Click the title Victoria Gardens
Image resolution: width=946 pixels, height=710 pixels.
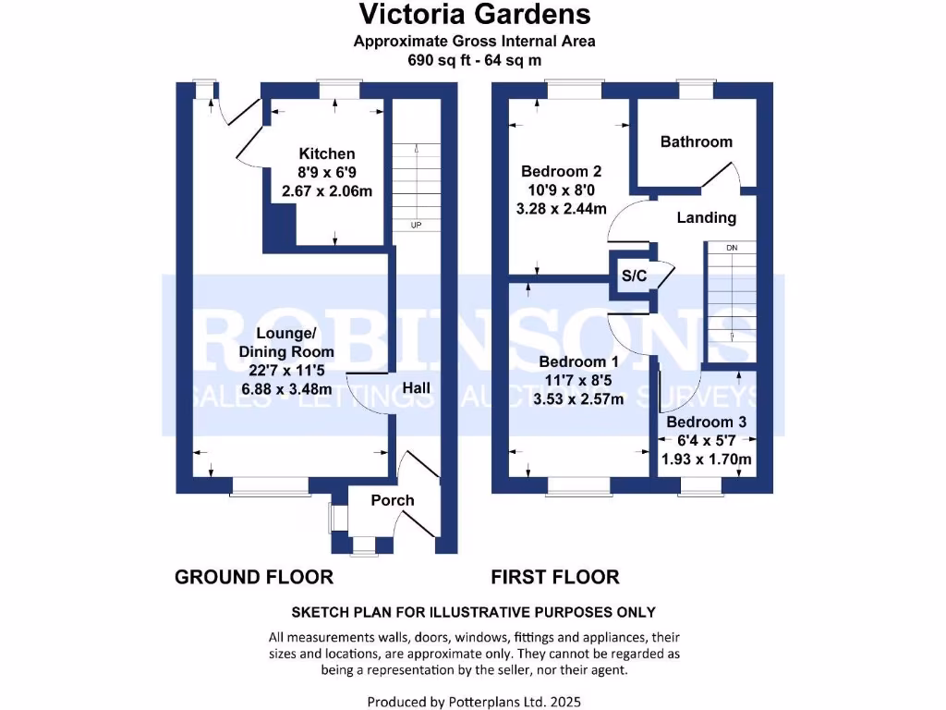(x=474, y=15)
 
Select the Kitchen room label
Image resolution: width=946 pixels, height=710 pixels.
(x=326, y=153)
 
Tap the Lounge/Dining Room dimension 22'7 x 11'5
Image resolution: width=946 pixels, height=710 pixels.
(x=287, y=371)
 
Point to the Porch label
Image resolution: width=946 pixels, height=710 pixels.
(x=393, y=500)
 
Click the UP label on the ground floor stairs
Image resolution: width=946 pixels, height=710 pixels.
(x=416, y=225)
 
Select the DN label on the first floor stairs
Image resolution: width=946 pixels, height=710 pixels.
(x=732, y=248)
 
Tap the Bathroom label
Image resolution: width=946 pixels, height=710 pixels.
(x=696, y=141)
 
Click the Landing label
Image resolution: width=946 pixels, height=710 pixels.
(x=706, y=218)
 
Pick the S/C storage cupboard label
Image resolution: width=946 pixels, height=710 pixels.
(x=633, y=275)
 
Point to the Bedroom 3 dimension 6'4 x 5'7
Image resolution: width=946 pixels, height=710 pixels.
(x=707, y=440)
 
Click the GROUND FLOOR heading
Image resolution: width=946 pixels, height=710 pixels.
(x=254, y=577)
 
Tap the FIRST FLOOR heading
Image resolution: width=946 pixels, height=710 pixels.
(x=554, y=577)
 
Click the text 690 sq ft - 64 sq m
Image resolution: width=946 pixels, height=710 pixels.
(x=474, y=59)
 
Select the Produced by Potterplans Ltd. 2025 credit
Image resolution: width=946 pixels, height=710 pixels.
(x=474, y=702)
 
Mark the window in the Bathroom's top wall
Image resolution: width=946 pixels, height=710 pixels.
(x=696, y=88)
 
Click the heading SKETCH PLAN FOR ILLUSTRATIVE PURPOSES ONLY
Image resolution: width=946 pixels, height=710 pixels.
(x=474, y=612)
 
